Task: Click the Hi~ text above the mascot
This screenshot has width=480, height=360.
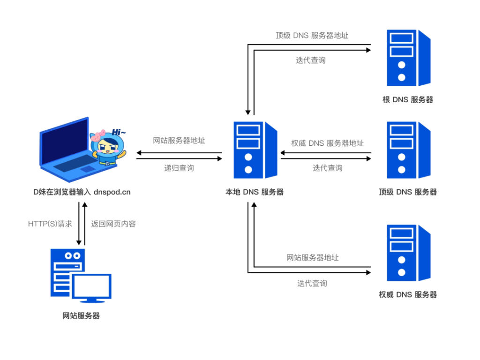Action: coord(119,132)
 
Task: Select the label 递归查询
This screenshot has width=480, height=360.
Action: coord(179,168)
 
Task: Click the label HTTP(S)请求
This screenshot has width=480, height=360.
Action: coord(50,224)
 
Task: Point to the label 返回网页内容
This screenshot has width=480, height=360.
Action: coord(113,224)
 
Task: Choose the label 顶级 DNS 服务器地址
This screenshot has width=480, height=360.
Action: coord(312,36)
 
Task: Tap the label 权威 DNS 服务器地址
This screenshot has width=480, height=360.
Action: coord(327,143)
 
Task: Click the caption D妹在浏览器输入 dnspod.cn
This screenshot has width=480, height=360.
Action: coord(82,192)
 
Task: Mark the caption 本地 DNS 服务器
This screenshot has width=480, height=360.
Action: coord(255,192)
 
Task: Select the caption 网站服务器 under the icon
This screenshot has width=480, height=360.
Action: coord(81,315)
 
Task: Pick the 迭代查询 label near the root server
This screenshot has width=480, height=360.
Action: coord(310,60)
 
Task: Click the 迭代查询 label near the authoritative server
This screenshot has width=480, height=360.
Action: coord(312,283)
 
